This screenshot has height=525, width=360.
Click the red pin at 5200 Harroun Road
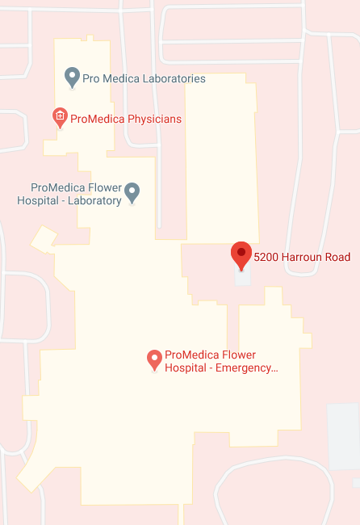(x=241, y=253)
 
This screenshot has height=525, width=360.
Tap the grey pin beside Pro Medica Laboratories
(x=71, y=77)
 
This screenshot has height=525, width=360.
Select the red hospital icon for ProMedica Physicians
(x=59, y=117)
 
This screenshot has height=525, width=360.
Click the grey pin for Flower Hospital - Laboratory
(x=132, y=192)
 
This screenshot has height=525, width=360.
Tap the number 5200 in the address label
(x=267, y=258)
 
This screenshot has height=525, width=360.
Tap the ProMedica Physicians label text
(x=126, y=119)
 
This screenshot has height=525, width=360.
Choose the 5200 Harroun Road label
(x=302, y=258)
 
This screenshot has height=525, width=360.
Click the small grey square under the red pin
(x=242, y=276)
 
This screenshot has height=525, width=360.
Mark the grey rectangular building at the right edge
(x=343, y=436)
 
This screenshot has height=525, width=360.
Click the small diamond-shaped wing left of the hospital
(x=44, y=238)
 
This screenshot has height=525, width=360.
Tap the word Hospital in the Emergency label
(x=186, y=367)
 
